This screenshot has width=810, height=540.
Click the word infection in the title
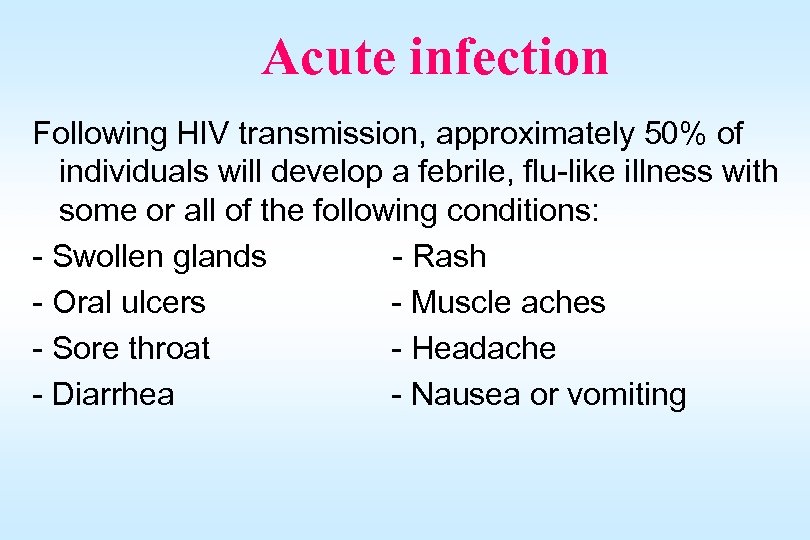[509, 57]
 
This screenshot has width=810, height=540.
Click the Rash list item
[449, 257]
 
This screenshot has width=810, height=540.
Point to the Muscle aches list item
[508, 302]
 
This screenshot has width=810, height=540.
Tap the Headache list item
[483, 348]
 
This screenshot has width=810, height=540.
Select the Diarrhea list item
[112, 394]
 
